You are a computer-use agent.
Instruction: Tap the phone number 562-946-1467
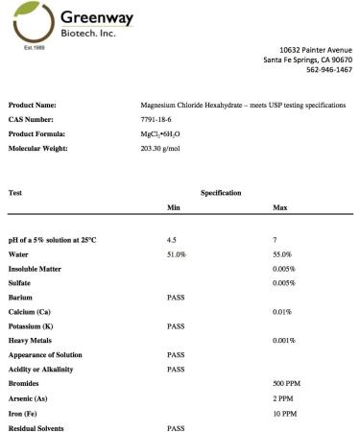[329, 70]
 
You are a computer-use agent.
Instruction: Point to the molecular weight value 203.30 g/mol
[162, 150]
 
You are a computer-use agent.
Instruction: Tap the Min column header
[174, 208]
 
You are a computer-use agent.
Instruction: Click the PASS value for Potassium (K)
[176, 326]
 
